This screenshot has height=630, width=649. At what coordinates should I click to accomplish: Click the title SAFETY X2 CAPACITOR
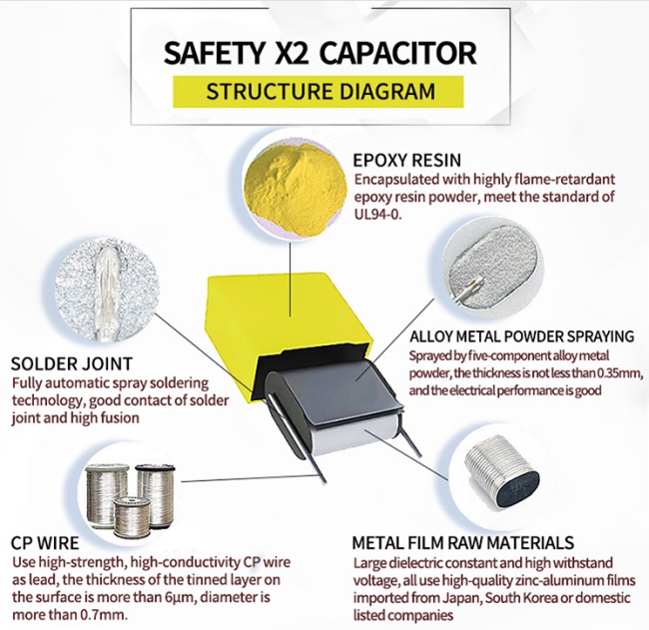point(319,52)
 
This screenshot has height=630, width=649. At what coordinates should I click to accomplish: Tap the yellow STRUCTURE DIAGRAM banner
point(320,92)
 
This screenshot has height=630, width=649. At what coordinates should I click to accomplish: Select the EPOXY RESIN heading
point(404,160)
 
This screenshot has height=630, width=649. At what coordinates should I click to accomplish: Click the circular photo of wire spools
point(126,496)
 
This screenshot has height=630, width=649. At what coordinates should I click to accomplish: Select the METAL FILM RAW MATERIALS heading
point(462,543)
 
